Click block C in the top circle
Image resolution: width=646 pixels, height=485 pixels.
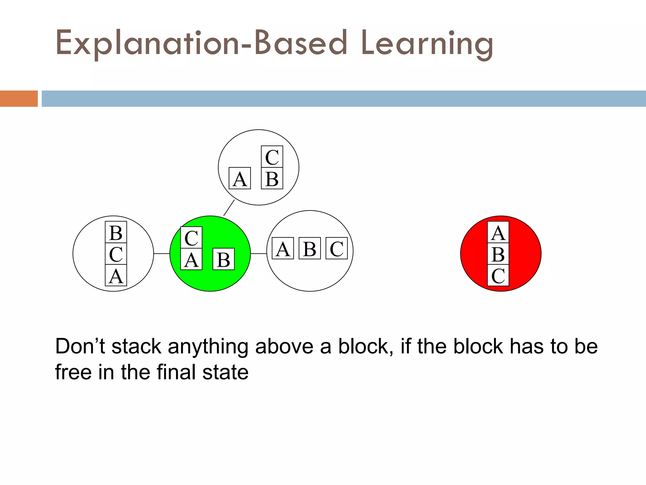point(272,157)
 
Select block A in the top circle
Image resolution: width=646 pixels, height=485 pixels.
point(240,178)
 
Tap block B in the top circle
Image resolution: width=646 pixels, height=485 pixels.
point(272,178)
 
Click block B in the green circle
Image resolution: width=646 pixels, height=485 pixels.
point(224,259)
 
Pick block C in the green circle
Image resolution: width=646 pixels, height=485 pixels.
point(191,237)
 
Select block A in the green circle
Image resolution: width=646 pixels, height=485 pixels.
point(191,259)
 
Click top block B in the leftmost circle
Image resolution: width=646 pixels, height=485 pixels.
point(116,232)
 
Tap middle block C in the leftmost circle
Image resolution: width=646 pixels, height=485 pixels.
point(116,254)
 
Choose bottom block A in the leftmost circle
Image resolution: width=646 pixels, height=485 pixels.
point(116,275)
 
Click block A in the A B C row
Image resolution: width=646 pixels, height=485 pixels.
point(283,248)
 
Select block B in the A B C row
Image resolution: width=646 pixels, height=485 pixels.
point(309,248)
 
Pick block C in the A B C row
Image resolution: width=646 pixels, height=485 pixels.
point(337,248)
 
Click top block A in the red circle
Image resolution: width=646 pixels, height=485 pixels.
point(498,232)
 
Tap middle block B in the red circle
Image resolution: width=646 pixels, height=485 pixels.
point(498,254)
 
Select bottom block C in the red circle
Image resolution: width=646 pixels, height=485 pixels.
point(498,275)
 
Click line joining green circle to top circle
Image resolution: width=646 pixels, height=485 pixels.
point(229,208)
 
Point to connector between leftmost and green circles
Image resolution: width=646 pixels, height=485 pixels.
point(161,254)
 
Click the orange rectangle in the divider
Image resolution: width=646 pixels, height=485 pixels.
point(19,99)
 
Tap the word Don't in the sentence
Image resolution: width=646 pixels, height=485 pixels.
point(80,346)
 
